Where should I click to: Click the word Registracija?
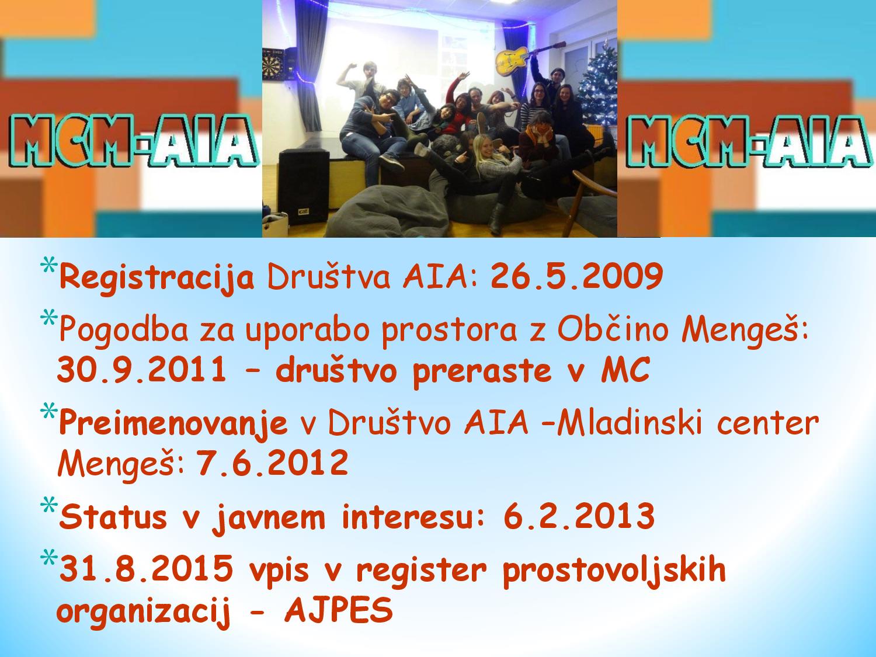point(157,278)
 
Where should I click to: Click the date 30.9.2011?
point(142,369)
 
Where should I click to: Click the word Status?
point(113,517)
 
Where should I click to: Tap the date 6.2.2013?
point(579,516)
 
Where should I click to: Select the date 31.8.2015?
point(146,568)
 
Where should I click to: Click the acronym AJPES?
point(339,610)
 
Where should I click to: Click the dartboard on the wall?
point(274,63)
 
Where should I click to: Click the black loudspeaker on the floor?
point(304,187)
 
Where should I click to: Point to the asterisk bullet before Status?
point(48,505)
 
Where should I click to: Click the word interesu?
point(413,516)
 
